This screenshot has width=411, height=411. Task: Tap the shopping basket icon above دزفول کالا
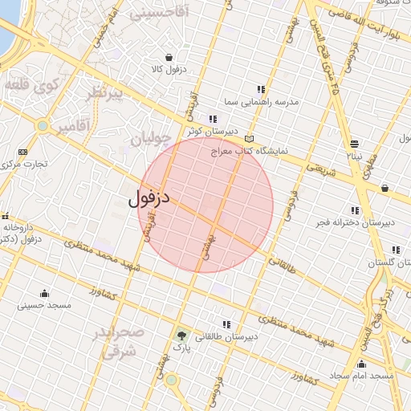[169, 57]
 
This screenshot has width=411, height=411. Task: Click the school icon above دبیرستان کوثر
[212, 119]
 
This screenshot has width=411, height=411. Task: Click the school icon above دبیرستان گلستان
[395, 250]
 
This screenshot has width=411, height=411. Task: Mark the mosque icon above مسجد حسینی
[44, 293]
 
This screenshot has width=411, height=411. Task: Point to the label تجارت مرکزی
[23, 164]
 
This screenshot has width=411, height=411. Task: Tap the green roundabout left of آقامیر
[42, 125]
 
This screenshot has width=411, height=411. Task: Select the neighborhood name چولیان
[150, 137]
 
